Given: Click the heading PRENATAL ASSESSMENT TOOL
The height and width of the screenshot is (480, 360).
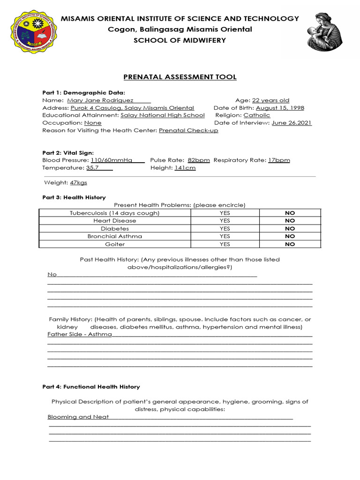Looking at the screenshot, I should [180, 77].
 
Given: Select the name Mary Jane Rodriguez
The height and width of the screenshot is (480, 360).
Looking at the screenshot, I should [100, 100].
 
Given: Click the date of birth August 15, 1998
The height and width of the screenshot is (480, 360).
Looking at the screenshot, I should [280, 108].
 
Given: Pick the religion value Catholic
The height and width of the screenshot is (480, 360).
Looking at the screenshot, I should [257, 115].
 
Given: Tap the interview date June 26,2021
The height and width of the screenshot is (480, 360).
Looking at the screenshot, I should [292, 123].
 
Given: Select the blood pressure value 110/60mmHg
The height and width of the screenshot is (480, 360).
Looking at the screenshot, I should [112, 160].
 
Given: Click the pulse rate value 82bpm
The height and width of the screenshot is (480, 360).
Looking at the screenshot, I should [199, 160].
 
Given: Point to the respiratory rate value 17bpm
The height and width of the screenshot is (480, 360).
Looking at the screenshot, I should [279, 160].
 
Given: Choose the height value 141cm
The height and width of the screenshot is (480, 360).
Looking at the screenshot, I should [185, 167].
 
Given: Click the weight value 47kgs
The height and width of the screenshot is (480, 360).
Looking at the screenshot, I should [78, 182].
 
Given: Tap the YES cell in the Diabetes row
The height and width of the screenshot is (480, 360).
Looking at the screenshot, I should [225, 228].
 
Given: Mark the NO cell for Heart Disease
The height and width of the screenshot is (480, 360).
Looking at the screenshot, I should [290, 220].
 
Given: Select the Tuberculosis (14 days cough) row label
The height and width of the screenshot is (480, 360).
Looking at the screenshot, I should [115, 213].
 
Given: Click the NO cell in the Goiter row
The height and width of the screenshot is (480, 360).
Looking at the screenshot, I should [290, 244].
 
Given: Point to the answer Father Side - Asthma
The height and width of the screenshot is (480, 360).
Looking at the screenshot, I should [80, 334].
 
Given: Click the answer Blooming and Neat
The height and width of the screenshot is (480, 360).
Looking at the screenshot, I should [78, 417].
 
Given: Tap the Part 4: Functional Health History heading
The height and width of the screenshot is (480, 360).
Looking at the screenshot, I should [91, 387].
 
